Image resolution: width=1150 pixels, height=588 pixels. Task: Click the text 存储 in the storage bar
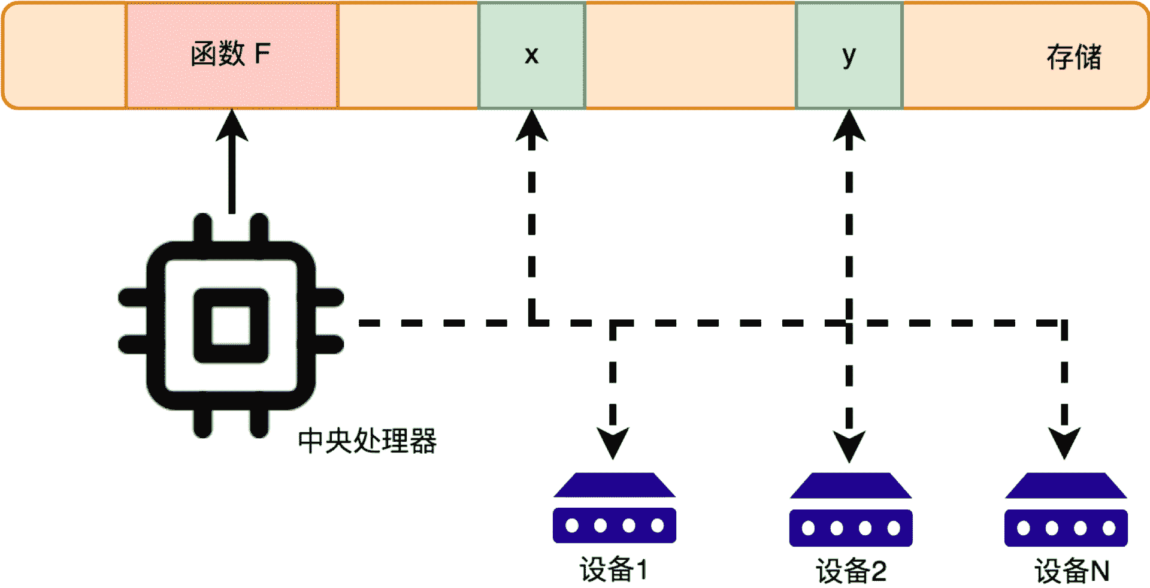pyautogui.click(x=1074, y=57)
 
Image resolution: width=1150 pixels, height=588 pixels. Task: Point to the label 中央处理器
pyautogui.click(x=367, y=441)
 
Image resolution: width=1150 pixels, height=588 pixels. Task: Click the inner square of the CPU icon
pyautogui.click(x=231, y=325)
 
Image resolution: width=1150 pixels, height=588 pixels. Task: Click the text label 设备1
pyautogui.click(x=613, y=569)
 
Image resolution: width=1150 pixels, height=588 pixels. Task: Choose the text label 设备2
pyautogui.click(x=851, y=571)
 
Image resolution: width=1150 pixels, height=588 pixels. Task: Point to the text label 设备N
pyautogui.click(x=1072, y=571)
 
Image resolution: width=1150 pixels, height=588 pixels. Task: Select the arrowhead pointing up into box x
pyautogui.click(x=531, y=126)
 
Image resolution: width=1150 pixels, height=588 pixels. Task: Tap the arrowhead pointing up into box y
pyautogui.click(x=849, y=126)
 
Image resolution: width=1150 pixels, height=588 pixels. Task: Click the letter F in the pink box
pyautogui.click(x=262, y=54)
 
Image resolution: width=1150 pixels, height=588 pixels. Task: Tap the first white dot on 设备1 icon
pyautogui.click(x=572, y=526)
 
